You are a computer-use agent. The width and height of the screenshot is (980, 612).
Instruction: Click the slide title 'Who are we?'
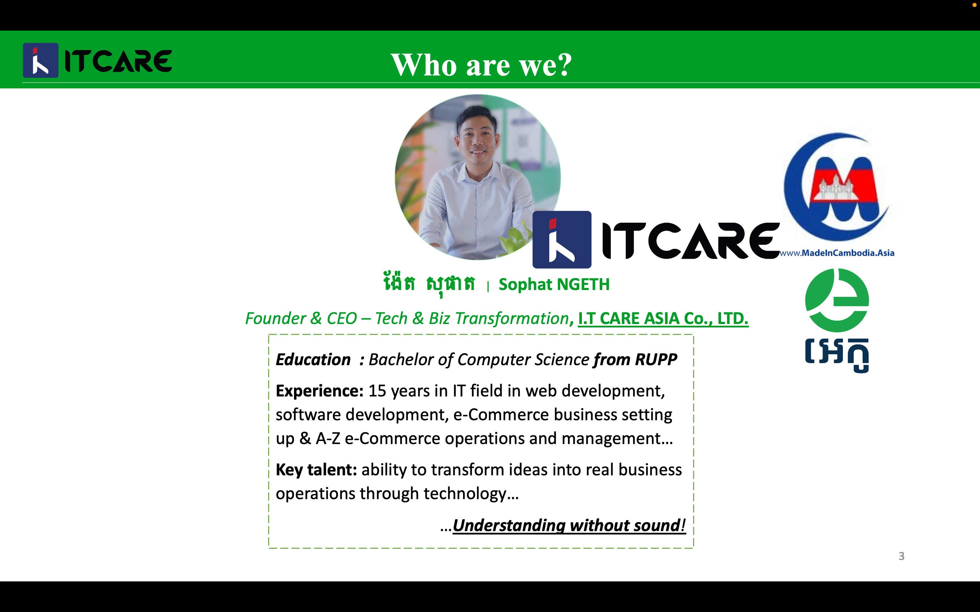481,65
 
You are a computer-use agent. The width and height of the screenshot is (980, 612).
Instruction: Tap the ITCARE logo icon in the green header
40,60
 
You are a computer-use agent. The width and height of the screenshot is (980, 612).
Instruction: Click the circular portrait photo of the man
477,177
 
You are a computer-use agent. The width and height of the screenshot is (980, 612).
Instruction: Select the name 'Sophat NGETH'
554,285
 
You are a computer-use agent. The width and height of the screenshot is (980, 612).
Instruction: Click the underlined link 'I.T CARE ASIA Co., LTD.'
663,319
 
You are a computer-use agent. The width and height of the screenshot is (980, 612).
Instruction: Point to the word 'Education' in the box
313,359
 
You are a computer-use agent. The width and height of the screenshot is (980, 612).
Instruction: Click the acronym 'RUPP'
656,359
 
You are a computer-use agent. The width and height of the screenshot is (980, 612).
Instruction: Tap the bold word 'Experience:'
320,391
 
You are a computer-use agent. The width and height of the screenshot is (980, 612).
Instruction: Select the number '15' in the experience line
377,391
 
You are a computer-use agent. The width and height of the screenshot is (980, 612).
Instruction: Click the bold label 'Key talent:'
316,470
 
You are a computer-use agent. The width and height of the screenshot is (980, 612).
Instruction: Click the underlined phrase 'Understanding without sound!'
569,525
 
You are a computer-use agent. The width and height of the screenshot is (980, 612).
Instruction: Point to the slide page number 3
901,556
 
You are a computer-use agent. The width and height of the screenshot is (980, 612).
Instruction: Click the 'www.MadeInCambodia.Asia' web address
837,253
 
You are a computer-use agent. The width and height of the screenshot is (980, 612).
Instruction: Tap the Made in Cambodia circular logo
837,186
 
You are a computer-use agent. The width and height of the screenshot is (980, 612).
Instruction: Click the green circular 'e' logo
837,300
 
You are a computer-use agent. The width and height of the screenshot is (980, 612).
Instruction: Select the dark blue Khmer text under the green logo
837,355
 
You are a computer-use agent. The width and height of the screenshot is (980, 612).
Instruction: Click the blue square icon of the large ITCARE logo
562,240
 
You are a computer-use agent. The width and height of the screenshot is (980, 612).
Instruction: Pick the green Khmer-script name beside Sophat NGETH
428,284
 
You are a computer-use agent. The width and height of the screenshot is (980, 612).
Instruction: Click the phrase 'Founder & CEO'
301,319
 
